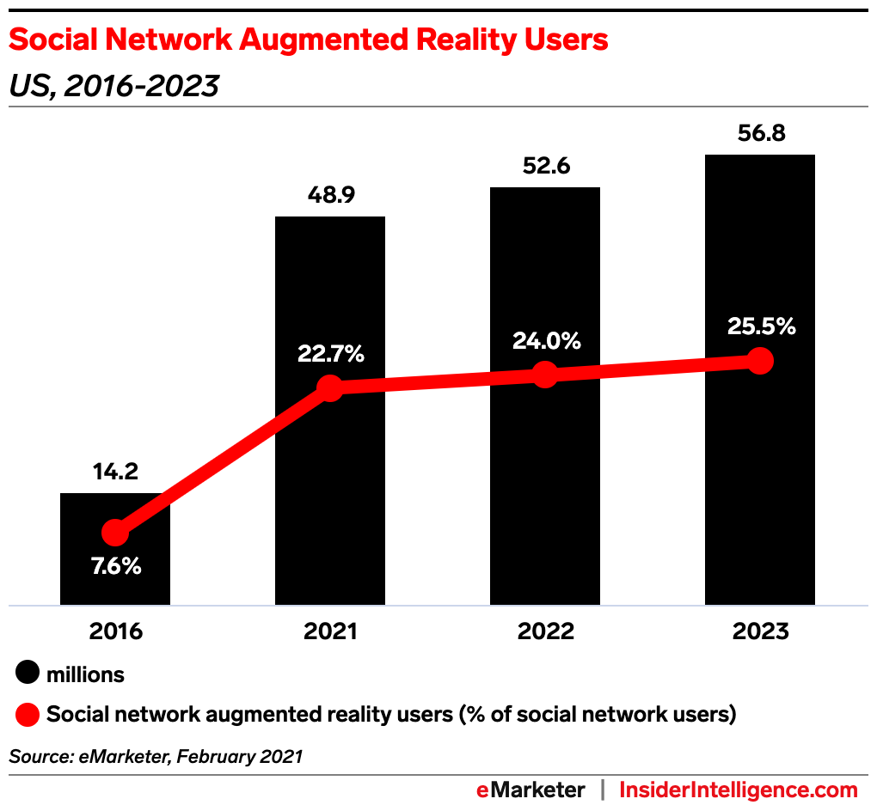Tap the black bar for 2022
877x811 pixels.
545,481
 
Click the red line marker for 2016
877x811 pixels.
115,534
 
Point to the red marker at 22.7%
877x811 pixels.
330,387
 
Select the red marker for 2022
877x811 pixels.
545,375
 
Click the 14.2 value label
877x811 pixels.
115,472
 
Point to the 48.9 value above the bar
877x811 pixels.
330,195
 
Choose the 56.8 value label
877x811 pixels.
760,134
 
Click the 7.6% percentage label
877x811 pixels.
115,567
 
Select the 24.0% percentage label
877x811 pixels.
545,340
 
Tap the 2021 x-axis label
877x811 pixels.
330,631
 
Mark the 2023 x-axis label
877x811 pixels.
760,631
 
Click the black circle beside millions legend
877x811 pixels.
28,674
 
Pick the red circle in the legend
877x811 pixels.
28,714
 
